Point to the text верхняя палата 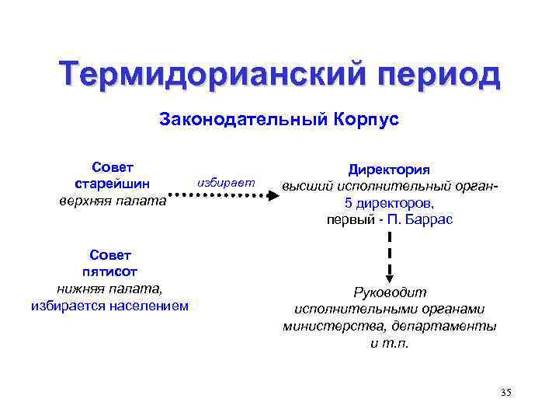pos(113,201)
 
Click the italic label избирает pos(226,181)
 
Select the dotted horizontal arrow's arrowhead pos(273,197)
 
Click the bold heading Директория pos(389,170)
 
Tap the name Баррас pos(429,219)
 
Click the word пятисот pos(110,271)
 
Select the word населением pos(147,306)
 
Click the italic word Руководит pos(390,292)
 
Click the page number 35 pos(505,392)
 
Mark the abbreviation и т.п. pos(389,343)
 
